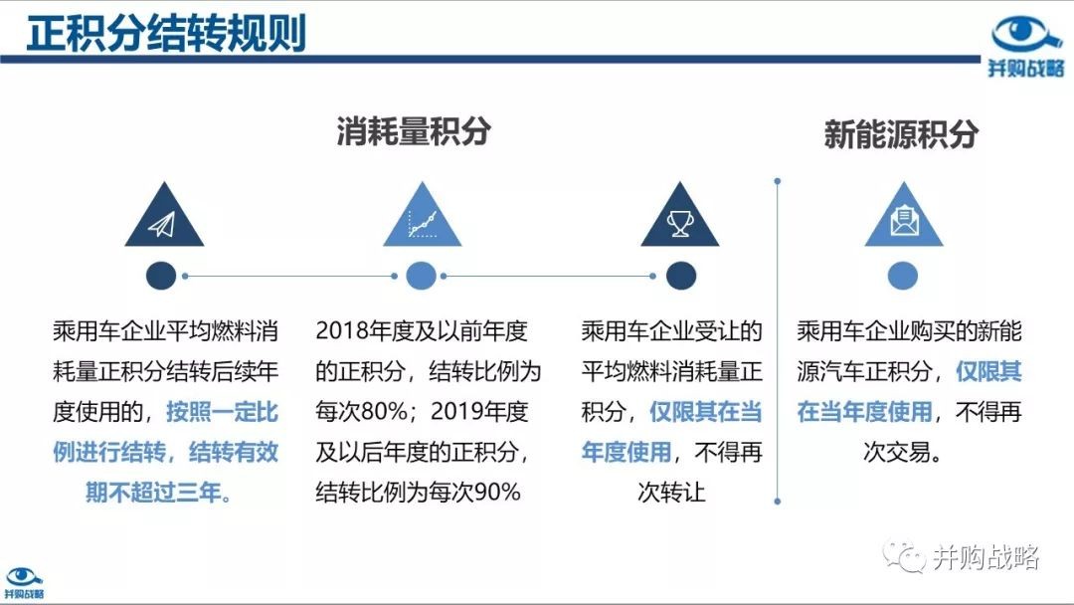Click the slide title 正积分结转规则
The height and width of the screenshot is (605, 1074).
[166, 32]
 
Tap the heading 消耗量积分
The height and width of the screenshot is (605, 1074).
[414, 131]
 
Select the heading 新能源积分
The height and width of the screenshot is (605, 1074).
[901, 133]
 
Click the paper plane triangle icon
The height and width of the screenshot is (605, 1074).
[164, 215]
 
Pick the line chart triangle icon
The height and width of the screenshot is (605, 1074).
[422, 215]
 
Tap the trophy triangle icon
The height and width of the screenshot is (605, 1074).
[680, 215]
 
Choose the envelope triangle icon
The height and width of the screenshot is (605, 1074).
[904, 215]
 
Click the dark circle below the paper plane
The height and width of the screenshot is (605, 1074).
[161, 276]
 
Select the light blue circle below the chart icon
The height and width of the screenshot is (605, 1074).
[422, 276]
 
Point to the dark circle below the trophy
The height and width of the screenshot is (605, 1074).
[681, 276]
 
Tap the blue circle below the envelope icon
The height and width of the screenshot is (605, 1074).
[903, 276]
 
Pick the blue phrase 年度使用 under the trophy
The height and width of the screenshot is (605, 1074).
[626, 452]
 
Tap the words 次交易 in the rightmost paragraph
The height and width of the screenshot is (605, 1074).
[897, 452]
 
